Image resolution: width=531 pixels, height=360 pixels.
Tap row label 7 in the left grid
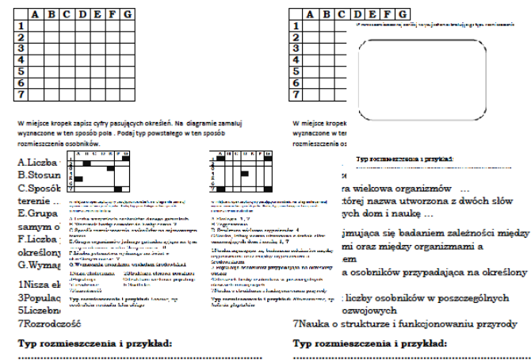pos(21,94)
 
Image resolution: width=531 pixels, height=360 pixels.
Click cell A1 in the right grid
pos(312,25)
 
